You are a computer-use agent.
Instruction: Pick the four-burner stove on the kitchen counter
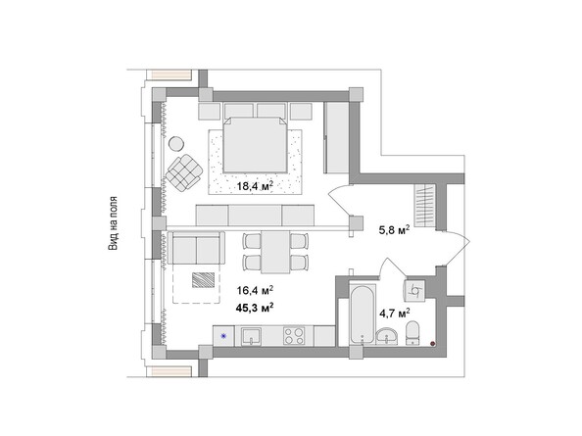click(x=293, y=337)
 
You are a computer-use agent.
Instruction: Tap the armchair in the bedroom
click(x=183, y=173)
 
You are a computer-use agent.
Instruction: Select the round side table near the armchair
click(x=176, y=145)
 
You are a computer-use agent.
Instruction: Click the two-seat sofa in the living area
click(x=197, y=249)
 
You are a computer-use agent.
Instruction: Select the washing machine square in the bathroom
click(x=415, y=289)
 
